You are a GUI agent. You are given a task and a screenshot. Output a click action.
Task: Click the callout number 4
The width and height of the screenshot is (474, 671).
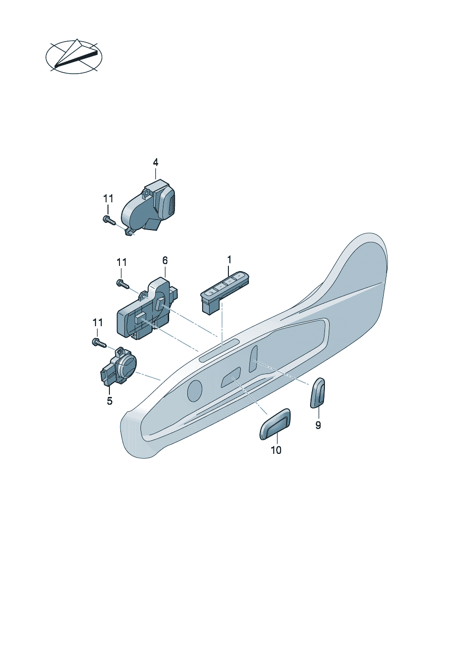pos(155,163)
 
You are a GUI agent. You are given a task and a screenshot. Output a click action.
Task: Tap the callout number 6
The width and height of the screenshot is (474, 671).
pos(165,261)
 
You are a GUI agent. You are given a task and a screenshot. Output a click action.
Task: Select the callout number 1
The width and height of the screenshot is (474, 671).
pos(229,259)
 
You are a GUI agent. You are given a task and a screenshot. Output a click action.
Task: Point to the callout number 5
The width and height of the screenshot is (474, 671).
pos(109,401)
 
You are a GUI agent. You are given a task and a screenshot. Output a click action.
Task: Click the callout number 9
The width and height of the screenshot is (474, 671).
pos(318,425)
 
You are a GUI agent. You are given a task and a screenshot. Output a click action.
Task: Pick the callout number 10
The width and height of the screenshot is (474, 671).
pos(276,450)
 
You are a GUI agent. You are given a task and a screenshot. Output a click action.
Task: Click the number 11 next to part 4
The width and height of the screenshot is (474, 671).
pos(108,198)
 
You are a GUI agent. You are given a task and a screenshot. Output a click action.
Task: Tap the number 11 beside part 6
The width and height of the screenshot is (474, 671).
pos(121,263)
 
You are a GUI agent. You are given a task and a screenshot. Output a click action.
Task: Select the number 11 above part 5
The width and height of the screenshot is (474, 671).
pos(97,323)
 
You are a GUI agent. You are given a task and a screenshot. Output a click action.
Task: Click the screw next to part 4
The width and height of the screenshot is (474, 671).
pos(109,220)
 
